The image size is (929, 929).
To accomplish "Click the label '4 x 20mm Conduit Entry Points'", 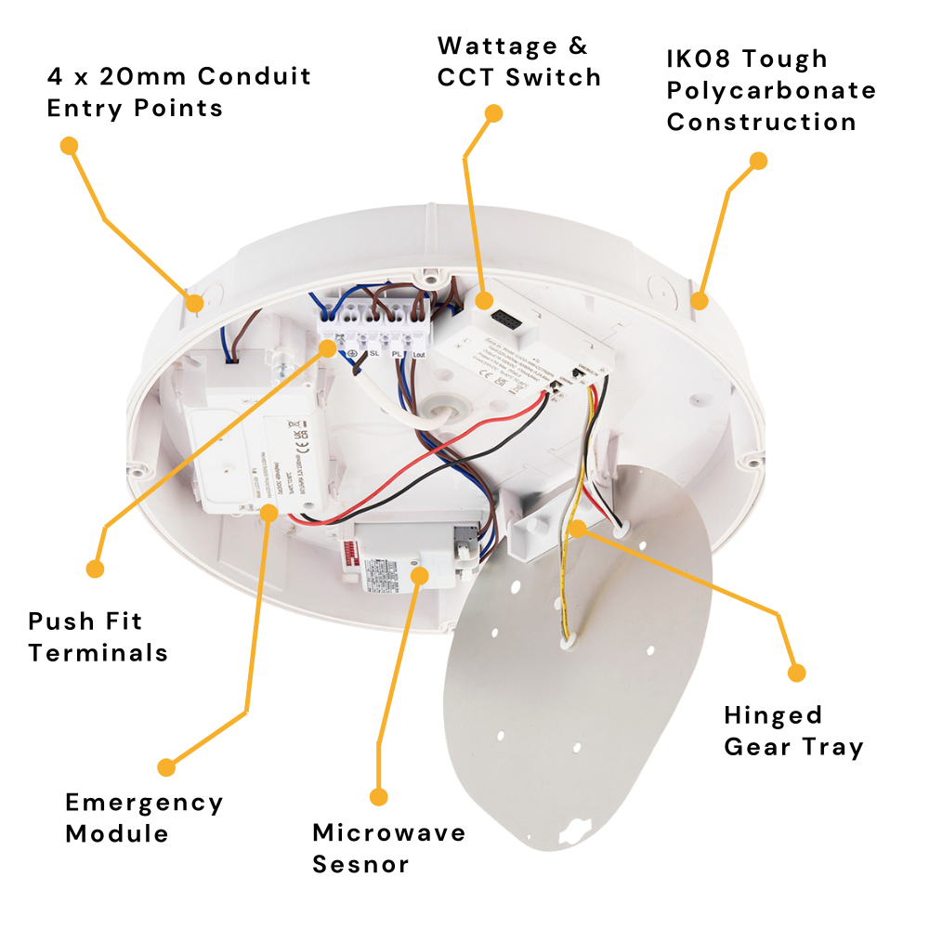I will [179, 91].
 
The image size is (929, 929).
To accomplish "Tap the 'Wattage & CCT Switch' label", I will [518, 60].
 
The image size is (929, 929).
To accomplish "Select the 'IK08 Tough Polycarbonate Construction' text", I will [771, 90].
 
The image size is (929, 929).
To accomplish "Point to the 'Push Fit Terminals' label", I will [98, 636].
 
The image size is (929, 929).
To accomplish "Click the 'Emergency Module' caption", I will [144, 818].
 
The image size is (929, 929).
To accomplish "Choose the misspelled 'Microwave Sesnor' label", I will [388, 847].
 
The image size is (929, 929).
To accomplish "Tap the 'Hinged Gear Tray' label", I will [793, 730].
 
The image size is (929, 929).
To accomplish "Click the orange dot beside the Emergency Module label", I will [166, 767].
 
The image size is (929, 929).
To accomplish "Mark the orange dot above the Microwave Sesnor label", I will [378, 796].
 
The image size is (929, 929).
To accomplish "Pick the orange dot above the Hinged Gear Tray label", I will [795, 672].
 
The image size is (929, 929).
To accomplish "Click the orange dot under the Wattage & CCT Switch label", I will [494, 113].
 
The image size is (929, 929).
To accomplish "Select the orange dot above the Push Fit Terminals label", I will [94, 568].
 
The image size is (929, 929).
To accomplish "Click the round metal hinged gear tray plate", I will [585, 678].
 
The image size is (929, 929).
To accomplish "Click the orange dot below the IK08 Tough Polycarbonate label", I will [758, 161].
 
